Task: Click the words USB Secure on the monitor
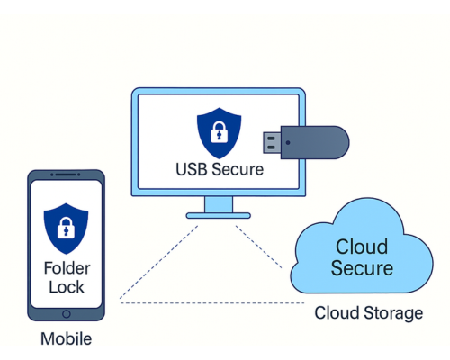pos(220,170)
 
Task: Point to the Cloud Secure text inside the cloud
pos(362,257)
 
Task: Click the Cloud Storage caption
pos(368,313)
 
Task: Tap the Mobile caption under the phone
pos(66,339)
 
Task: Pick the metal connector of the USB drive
pos(273,141)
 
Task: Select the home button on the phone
pos(65,314)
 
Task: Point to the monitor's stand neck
pos(220,204)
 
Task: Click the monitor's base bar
pos(220,216)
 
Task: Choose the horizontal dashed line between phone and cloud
pos(207,302)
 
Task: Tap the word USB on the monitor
pos(191,170)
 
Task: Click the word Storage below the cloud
pos(391,313)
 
